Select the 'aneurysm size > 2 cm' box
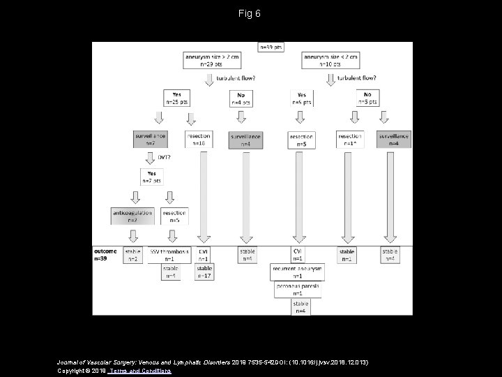[208, 60]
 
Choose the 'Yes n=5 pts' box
[301, 98]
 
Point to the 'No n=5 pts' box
[367, 97]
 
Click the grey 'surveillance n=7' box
[151, 140]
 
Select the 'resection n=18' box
[199, 140]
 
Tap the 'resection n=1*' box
[350, 140]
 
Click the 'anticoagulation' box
[132, 214]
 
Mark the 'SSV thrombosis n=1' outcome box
[170, 254]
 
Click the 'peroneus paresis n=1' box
[298, 290]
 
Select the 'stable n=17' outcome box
[204, 272]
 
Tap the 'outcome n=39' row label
[105, 255]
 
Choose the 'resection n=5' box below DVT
[174, 215]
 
